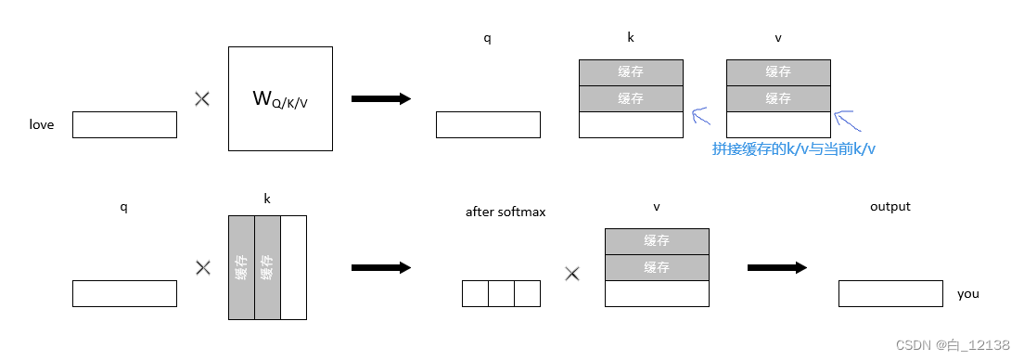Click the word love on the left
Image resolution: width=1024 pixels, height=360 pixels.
point(42,124)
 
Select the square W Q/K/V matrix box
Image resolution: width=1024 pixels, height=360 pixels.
point(280,98)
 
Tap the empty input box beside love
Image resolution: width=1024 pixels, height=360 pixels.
point(124,124)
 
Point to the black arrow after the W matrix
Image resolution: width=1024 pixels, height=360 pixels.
point(380,98)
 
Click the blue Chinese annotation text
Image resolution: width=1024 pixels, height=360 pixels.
point(793,148)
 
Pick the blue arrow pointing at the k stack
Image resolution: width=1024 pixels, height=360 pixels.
point(700,117)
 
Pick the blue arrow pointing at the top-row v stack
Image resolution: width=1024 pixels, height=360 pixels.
point(844,118)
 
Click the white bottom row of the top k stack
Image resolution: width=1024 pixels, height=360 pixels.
point(631,124)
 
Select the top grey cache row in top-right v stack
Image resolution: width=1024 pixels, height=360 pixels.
point(778,72)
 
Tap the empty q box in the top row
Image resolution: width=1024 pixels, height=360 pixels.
point(488,124)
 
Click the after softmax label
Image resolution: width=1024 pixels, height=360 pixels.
point(506,212)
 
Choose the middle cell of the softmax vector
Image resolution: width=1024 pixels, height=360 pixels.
point(501,293)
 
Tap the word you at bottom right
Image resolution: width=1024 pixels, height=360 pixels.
point(968,293)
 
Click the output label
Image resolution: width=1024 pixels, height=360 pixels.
point(890,206)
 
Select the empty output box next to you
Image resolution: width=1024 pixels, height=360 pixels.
point(890,293)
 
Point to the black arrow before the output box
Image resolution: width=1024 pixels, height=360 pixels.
point(776,267)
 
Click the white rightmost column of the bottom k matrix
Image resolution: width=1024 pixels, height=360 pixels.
point(293,267)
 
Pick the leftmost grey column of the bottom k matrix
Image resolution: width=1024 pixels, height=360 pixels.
point(241,267)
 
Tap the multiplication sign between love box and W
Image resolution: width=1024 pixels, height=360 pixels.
point(202,98)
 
